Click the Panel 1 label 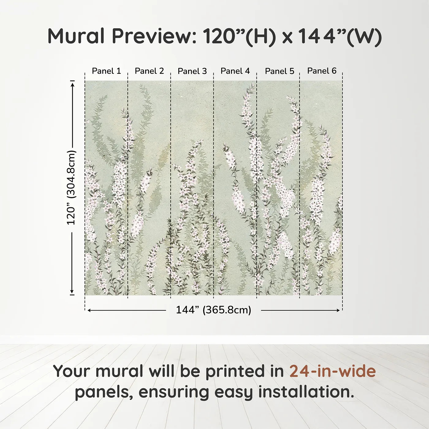106,71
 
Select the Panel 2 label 149,71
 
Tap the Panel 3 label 192,71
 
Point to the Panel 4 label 235,71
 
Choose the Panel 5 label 279,71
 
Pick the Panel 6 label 322,71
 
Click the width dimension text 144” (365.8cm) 213,310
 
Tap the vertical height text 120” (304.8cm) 71,188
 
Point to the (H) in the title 261,36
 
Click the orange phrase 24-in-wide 332,371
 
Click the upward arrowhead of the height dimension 72,83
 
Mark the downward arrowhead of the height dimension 72,292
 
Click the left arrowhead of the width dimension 89,310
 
